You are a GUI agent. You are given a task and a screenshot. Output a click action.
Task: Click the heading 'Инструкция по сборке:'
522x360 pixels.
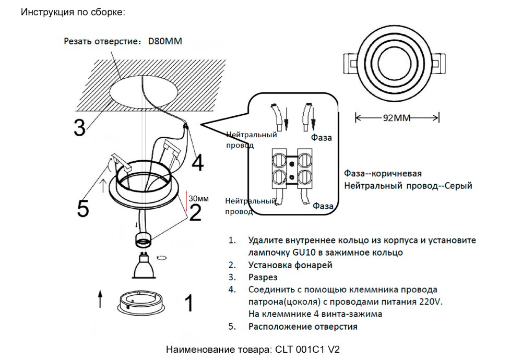73,11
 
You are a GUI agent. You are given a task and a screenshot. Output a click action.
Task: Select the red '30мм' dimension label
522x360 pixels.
198,199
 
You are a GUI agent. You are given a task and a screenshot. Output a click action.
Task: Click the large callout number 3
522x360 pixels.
79,128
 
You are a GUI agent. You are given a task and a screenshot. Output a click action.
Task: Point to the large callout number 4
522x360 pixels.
197,163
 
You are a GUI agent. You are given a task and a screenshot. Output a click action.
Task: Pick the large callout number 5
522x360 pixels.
82,208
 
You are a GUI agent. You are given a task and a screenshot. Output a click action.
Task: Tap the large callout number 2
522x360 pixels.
195,213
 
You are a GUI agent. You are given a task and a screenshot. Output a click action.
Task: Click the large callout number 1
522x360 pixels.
189,303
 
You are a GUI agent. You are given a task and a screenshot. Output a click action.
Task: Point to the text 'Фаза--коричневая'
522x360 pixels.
383,173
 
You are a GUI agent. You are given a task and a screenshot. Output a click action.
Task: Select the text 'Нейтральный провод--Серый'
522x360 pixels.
408,186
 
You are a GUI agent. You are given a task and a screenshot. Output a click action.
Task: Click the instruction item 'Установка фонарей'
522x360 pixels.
290,265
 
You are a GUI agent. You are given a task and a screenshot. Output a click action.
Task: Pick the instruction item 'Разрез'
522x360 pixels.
263,277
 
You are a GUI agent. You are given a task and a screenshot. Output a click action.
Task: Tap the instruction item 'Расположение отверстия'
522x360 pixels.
303,327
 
